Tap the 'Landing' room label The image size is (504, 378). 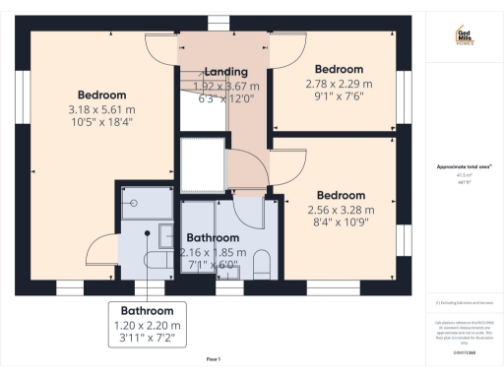click(225, 72)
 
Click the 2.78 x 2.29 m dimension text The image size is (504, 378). click(339, 85)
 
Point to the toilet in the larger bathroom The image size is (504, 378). click(262, 263)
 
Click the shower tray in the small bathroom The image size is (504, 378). click(135, 203)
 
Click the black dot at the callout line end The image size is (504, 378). click(147, 233)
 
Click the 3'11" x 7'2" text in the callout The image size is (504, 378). click(146, 340)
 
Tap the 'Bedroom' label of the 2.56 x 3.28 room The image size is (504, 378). click(341, 194)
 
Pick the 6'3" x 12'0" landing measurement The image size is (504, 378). click(225, 98)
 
